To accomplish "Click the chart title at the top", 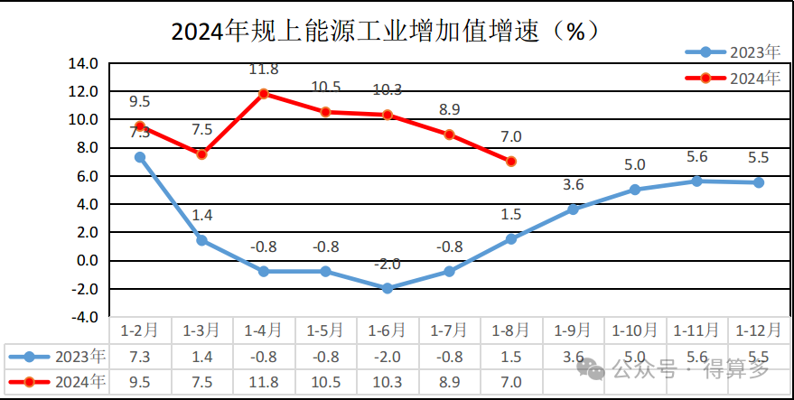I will coord(385,32).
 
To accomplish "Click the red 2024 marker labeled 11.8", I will coord(264,93).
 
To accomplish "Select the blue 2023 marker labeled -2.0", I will coord(388,288).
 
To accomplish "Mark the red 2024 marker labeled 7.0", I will coord(511,162).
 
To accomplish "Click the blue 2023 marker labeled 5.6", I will coord(696,181).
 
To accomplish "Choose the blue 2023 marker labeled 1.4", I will coord(201,240).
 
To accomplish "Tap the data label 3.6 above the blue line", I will coord(574,185).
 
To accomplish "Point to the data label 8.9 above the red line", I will coord(449,110).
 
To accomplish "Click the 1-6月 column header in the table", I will coord(388,330).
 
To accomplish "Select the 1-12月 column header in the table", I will coord(758,330).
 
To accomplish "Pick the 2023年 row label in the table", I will coord(56,356).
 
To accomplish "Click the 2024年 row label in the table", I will coord(56,381).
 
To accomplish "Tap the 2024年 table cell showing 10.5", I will coord(325,381).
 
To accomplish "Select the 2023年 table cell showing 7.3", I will coord(140,356).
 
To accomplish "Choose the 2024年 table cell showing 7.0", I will coord(511,381).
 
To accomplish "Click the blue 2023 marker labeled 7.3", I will coord(140,157).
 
